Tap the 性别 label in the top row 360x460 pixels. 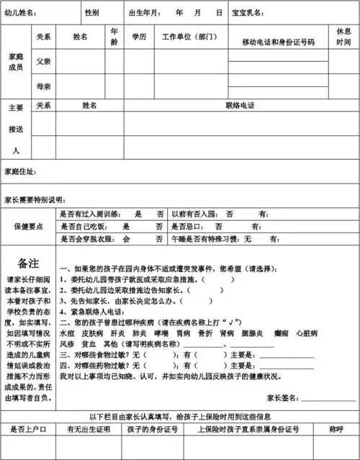(91, 14)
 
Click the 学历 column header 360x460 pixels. (139, 36)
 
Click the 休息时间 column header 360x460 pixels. (343, 37)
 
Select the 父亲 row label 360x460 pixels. (43, 61)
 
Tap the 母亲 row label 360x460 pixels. (43, 86)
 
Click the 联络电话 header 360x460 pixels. (240, 105)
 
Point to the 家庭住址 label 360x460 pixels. (20, 172)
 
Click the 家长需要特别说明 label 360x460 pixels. (34, 198)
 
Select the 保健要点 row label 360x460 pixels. (28, 226)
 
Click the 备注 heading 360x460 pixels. (27, 262)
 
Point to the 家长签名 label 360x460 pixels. (283, 397)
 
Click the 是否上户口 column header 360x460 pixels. (28, 429)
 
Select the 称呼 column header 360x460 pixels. (336, 429)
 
